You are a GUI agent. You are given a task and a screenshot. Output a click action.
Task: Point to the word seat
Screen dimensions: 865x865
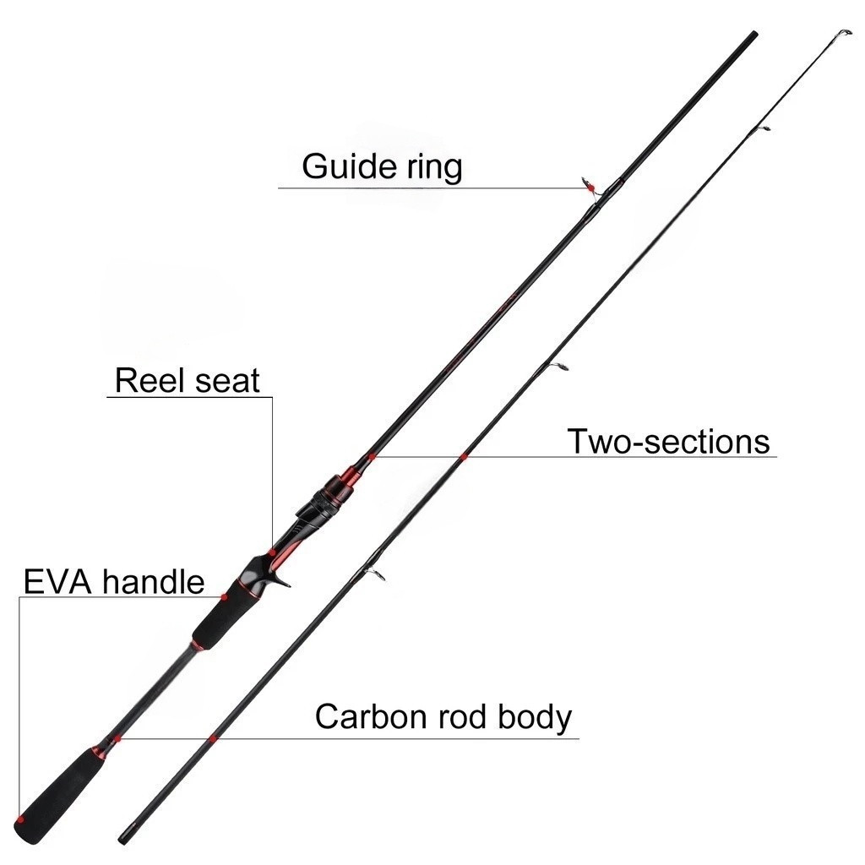click(x=225, y=381)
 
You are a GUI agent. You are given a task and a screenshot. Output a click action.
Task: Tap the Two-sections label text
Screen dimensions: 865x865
click(x=667, y=442)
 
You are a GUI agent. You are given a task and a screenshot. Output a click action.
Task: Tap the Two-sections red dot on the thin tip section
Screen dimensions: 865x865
click(x=464, y=456)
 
